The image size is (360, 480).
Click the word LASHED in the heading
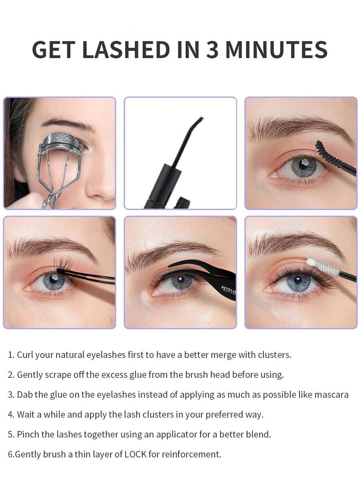coord(126,49)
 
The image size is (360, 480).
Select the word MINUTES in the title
coord(276,49)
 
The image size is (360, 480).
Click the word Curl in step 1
coord(25,355)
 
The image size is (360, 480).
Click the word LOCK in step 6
coord(136,454)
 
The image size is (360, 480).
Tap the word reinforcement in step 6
coord(191,454)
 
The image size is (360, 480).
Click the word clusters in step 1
coord(275,355)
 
